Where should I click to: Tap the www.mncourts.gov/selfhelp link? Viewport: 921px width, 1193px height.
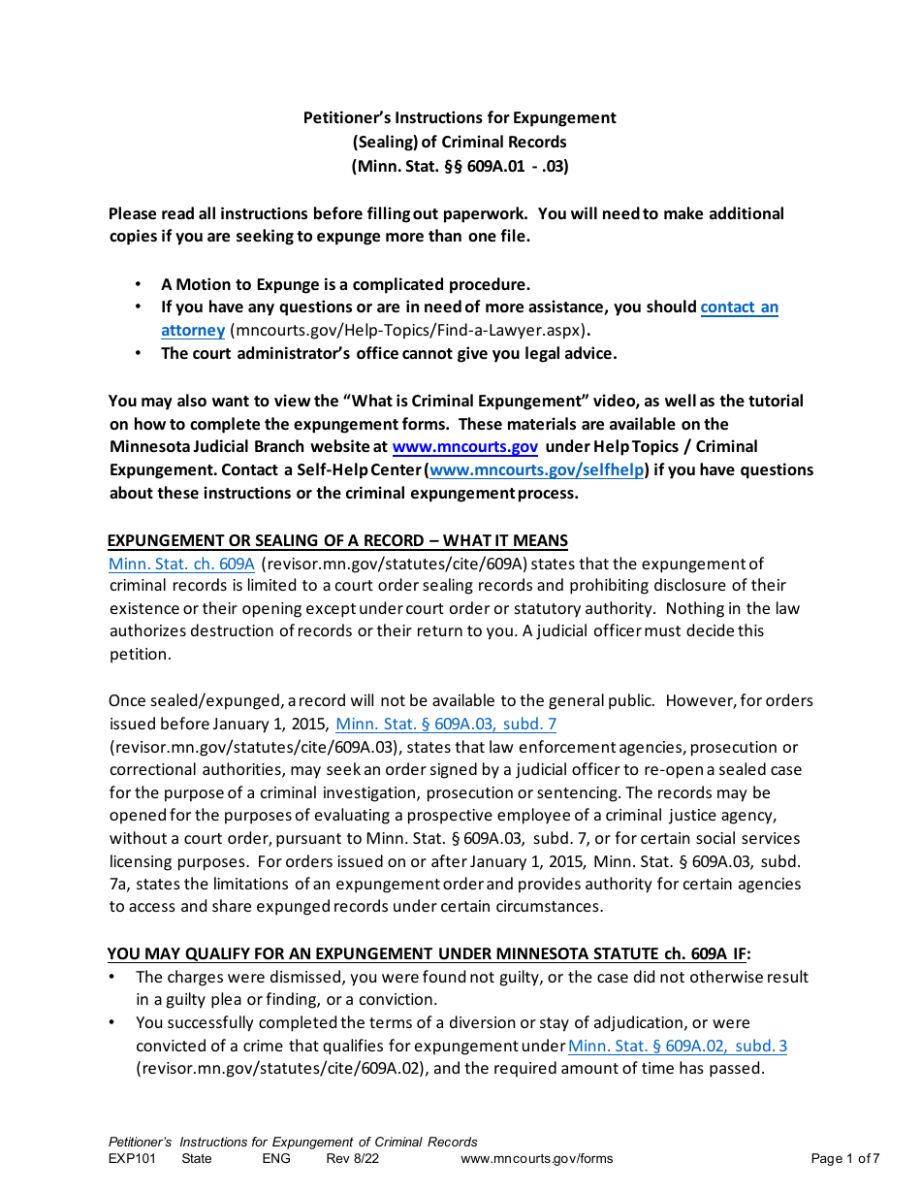pyautogui.click(x=536, y=470)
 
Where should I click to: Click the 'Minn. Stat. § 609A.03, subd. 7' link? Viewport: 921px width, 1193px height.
pyautogui.click(x=445, y=724)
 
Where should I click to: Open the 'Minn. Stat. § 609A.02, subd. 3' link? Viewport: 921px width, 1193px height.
pyautogui.click(x=677, y=1046)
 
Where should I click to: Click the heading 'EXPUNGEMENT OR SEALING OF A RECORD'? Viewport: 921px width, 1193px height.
pyautogui.click(x=337, y=541)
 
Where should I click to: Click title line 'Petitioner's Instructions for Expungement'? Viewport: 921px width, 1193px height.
pyautogui.click(x=460, y=118)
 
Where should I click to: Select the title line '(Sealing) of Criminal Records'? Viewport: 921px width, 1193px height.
pyautogui.click(x=460, y=143)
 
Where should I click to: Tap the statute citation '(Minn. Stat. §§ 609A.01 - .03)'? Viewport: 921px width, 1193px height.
pyautogui.click(x=460, y=166)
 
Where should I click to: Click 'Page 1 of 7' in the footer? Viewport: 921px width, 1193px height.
pyautogui.click(x=844, y=1158)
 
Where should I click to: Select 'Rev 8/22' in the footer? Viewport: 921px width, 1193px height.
pyautogui.click(x=353, y=1158)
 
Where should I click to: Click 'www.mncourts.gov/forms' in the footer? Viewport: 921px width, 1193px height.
pyautogui.click(x=536, y=1158)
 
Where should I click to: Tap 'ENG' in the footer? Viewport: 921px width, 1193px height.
pyautogui.click(x=275, y=1158)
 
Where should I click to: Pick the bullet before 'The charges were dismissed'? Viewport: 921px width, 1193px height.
pyautogui.click(x=113, y=978)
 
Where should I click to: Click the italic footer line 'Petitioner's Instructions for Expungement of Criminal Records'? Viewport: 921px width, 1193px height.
pyautogui.click(x=293, y=1142)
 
